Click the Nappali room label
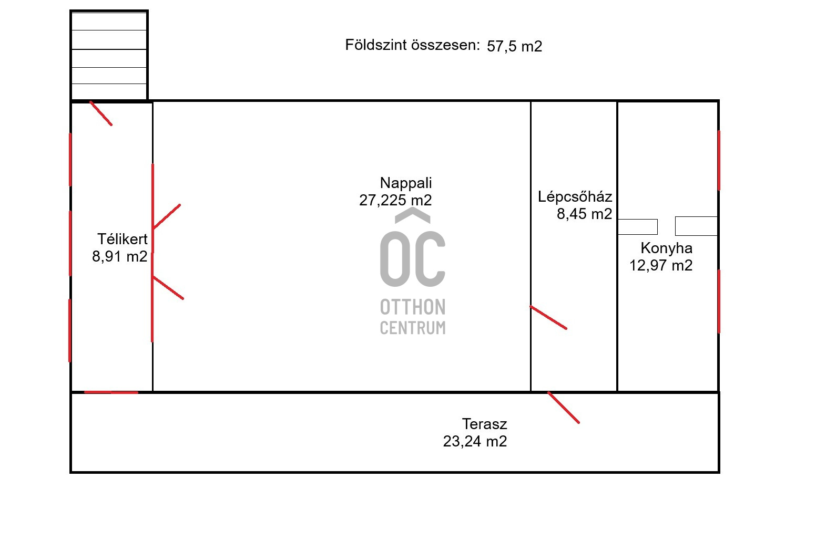406,183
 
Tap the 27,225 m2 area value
395,200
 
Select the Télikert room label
123,239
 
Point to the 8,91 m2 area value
119,256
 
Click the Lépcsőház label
575,197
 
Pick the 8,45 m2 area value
584,214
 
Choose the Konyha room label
666,248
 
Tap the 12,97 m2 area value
661,265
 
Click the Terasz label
484,424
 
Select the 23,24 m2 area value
475,441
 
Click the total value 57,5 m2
514,46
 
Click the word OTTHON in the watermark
413,307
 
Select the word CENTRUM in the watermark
413,328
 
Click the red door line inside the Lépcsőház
548,317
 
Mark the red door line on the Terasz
563,408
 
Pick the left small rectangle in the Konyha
637,227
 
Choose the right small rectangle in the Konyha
696,226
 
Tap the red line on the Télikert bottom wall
111,392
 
